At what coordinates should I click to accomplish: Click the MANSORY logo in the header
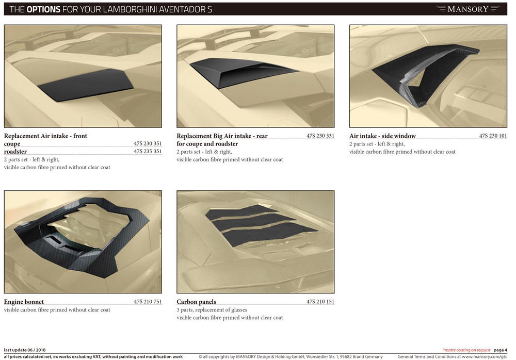tap(467, 9)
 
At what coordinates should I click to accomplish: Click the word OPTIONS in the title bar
tap(43, 9)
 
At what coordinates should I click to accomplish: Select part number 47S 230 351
tap(148, 143)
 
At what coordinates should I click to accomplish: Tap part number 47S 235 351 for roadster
tap(148, 151)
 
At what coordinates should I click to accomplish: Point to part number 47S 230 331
tap(320, 136)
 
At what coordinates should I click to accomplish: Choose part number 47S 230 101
tap(493, 136)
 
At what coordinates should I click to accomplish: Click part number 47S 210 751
tap(148, 301)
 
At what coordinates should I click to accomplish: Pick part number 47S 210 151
tap(320, 301)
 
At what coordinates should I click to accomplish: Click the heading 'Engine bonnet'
tap(24, 302)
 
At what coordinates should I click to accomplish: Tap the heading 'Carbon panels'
tap(197, 302)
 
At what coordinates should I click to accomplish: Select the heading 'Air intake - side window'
tap(382, 136)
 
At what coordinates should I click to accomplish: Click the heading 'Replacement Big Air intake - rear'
tap(222, 136)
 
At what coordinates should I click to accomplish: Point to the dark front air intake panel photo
tap(86, 85)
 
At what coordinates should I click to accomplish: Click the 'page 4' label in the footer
tap(500, 350)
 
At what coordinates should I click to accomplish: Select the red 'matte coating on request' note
tap(466, 350)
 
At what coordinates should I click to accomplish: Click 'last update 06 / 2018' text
tap(25, 350)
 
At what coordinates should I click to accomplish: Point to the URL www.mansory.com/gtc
tap(485, 357)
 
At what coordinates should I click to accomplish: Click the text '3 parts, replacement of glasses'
tap(212, 310)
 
